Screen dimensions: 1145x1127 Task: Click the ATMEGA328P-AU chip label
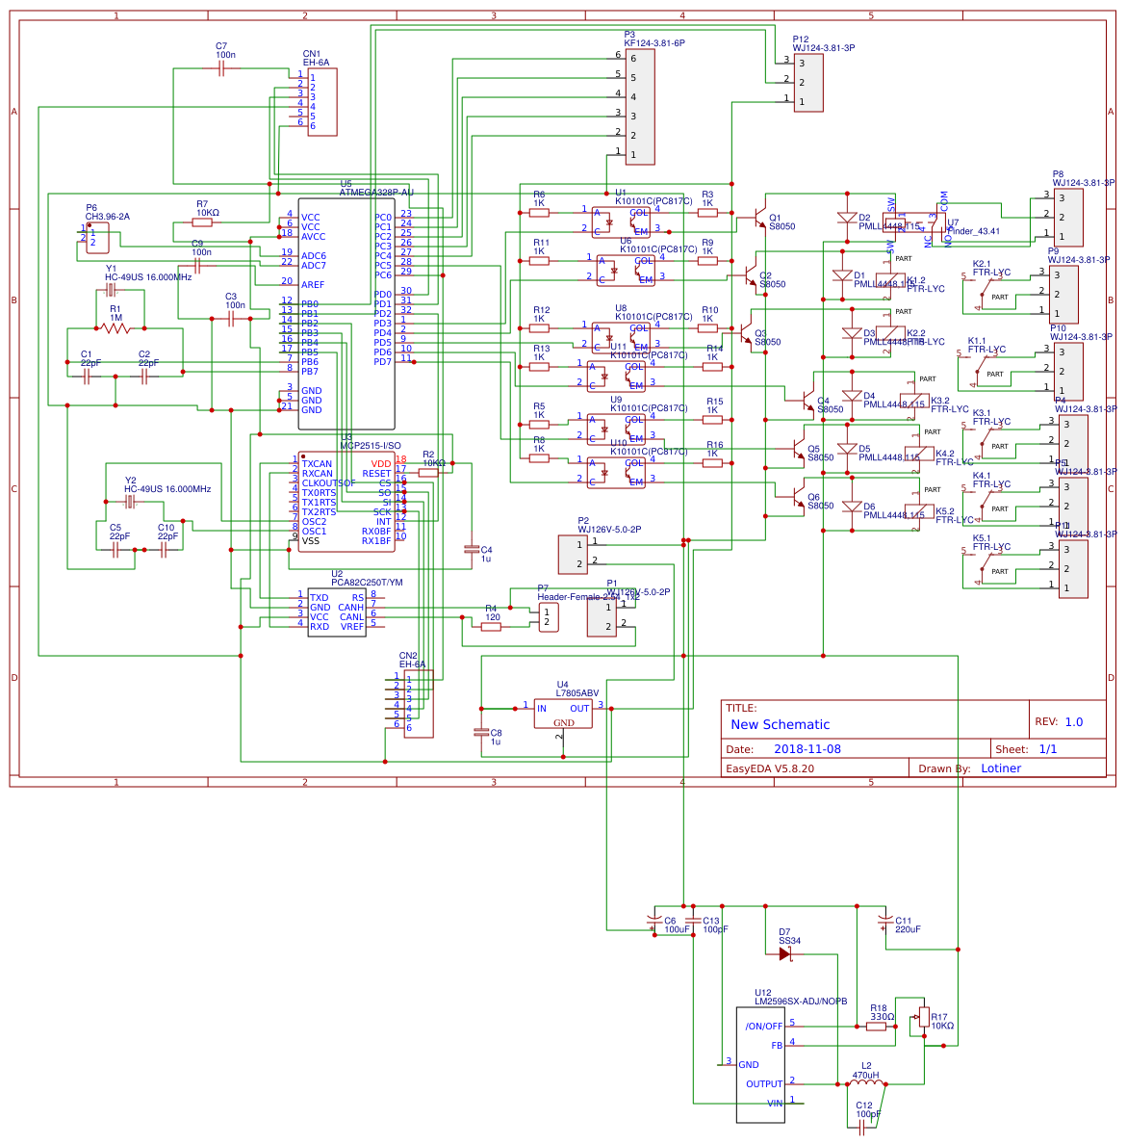[x=376, y=192]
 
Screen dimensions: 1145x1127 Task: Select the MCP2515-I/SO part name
[x=371, y=446]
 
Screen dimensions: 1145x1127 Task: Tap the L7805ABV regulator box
[x=563, y=713]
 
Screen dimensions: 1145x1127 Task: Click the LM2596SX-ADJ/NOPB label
[x=801, y=1002]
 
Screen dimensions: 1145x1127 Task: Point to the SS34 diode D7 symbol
[x=785, y=953]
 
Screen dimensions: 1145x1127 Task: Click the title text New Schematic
[x=780, y=724]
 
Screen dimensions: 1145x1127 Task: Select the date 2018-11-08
[x=807, y=749]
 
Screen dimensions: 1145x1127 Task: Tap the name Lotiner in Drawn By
[x=1001, y=768]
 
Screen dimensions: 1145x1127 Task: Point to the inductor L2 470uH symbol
[x=866, y=1085]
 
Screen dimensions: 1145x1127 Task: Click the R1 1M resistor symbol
[x=115, y=328]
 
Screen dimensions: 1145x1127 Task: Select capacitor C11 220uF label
[x=908, y=925]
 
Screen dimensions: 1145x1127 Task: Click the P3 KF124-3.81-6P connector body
[x=640, y=107]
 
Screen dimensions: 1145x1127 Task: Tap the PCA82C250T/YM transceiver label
[x=367, y=583]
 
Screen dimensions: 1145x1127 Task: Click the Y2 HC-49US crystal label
[x=166, y=489]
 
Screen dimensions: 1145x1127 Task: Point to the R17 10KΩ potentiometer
[x=924, y=1017]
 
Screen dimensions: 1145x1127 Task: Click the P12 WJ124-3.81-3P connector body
[x=808, y=83]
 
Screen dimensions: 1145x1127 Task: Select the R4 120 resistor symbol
[x=491, y=627]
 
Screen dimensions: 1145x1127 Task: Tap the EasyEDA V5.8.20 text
[x=769, y=768]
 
